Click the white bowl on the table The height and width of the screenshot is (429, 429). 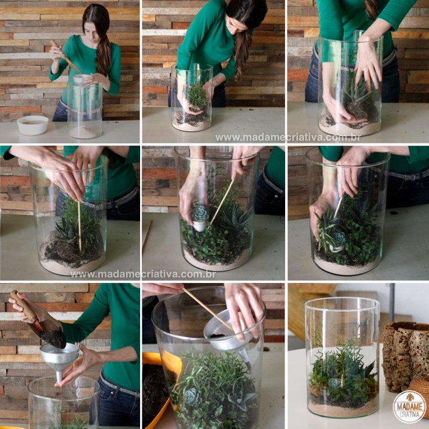[x=33, y=125]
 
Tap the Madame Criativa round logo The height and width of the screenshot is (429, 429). [x=409, y=407]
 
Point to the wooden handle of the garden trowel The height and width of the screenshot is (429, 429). [x=23, y=307]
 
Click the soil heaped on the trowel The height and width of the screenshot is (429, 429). [x=53, y=336]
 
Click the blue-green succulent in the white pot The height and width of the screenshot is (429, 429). [x=200, y=214]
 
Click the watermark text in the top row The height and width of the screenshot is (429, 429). [x=288, y=137]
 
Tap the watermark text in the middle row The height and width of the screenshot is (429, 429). [x=143, y=274]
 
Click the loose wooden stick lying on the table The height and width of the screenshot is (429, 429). [x=147, y=237]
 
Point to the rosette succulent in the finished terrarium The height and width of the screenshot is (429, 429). [x=334, y=383]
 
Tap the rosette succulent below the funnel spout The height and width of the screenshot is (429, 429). [x=191, y=396]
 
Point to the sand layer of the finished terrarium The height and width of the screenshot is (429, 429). [x=343, y=409]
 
